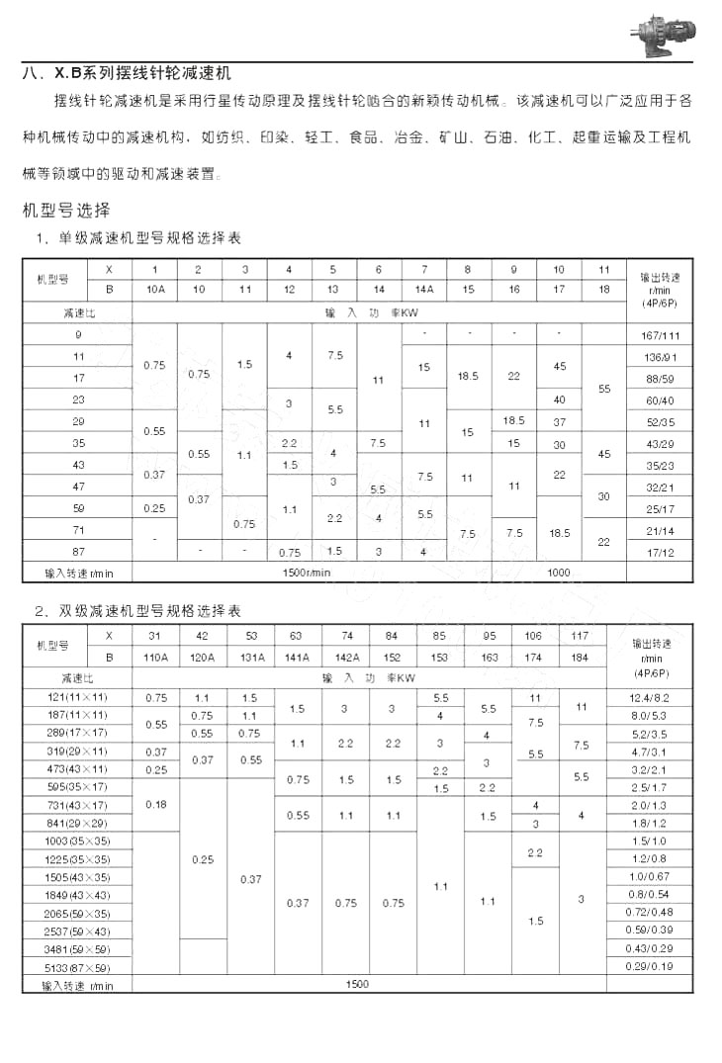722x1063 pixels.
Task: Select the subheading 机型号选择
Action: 66,210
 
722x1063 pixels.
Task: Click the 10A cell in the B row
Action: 154,290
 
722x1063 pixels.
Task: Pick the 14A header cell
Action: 424,290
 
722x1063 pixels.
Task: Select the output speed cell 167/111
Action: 660,335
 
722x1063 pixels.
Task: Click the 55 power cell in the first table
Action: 604,389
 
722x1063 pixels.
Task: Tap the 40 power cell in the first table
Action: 559,399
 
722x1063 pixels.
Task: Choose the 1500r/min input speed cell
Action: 307,573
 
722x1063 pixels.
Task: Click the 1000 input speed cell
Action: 559,573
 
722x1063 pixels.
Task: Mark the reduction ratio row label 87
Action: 78,551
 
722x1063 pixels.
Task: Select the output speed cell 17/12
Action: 660,551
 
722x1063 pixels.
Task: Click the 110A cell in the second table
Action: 156,657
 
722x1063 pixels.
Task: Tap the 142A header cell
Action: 346,657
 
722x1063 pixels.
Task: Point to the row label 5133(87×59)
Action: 78,967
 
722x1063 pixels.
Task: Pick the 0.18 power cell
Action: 156,805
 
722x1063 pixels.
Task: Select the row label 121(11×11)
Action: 78,698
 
